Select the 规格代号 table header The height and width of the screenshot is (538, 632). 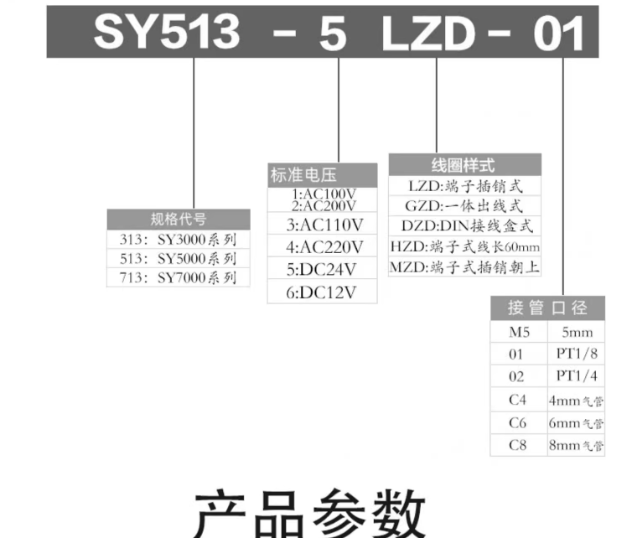click(179, 220)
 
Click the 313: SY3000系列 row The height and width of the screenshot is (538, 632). click(179, 239)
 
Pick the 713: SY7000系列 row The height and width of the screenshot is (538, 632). click(179, 277)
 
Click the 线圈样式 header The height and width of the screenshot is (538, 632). click(464, 164)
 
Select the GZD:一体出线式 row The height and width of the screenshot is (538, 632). click(464, 205)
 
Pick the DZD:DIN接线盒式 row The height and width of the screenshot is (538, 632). click(464, 226)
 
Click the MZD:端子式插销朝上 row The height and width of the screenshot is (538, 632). click(464, 267)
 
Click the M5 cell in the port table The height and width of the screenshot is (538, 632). click(519, 332)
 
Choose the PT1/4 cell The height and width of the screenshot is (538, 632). click(576, 377)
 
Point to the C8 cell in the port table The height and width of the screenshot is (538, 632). click(519, 445)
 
